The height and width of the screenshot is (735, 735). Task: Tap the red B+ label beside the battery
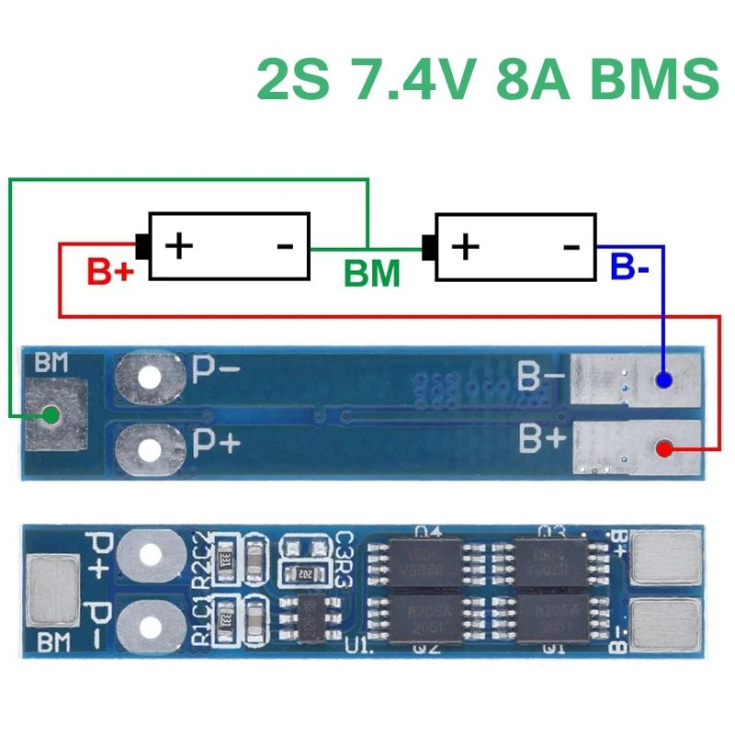point(110,272)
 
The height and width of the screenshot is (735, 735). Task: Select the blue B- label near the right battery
point(630,268)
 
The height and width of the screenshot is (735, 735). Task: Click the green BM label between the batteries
point(372,274)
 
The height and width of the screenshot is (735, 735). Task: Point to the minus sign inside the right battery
point(571,246)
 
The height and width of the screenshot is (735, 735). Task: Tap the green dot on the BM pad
point(51,415)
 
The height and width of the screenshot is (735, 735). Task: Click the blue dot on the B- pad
point(665,379)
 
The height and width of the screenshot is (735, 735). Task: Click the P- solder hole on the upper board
point(147,377)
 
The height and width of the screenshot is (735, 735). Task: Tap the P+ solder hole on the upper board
point(147,448)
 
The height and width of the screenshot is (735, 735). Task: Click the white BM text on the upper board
point(51,364)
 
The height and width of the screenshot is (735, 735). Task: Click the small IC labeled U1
point(311,611)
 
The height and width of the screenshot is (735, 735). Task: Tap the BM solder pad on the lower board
point(52,588)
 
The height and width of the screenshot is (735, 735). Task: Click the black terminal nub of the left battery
point(143,246)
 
